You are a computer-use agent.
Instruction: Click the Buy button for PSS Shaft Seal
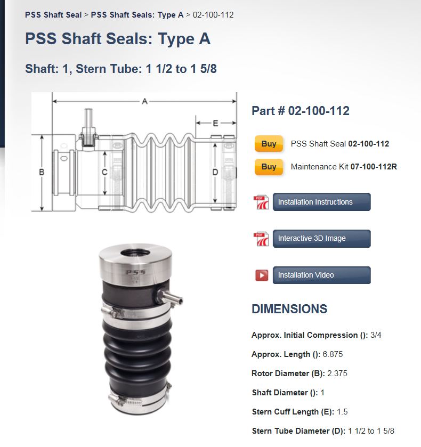(x=269, y=144)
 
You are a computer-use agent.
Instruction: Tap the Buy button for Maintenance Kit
(x=269, y=166)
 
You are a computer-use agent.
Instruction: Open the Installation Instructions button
(x=321, y=202)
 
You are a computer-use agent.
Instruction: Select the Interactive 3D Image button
(x=321, y=238)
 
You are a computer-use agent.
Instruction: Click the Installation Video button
(x=321, y=275)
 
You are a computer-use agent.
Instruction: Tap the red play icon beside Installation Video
(x=262, y=275)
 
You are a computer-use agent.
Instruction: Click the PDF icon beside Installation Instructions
(x=261, y=202)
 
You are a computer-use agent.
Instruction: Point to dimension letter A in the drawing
(x=144, y=101)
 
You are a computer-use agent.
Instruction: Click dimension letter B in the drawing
(x=42, y=172)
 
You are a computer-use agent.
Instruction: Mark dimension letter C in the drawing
(x=104, y=172)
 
